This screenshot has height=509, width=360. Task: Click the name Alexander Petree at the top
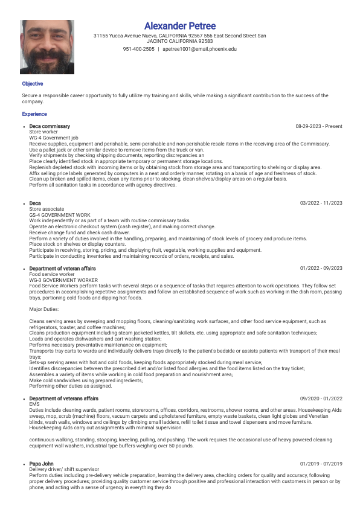click(x=180, y=26)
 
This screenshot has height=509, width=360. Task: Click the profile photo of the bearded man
click(x=47, y=47)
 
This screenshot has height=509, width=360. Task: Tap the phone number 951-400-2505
click(x=138, y=49)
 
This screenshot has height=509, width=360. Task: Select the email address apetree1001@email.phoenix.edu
click(x=199, y=49)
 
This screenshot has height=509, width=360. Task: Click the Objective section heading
click(x=33, y=84)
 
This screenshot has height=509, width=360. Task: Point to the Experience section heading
click(x=34, y=114)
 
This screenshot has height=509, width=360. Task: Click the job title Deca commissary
click(x=50, y=126)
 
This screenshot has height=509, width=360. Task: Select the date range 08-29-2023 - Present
click(x=318, y=126)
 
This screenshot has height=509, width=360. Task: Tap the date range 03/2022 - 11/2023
click(x=321, y=203)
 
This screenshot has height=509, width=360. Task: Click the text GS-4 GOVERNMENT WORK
click(x=60, y=214)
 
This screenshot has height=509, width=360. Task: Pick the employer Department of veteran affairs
click(x=62, y=268)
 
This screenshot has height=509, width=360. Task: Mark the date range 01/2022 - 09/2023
click(x=321, y=268)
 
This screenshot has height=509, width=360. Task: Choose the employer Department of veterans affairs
click(x=63, y=399)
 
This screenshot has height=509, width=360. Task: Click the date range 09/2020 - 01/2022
click(x=321, y=399)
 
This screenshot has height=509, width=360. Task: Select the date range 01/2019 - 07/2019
click(x=321, y=464)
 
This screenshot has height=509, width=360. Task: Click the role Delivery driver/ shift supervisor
click(x=63, y=469)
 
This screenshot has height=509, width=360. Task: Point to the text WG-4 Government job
click(x=54, y=138)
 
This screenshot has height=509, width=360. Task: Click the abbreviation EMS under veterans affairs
click(x=34, y=404)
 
